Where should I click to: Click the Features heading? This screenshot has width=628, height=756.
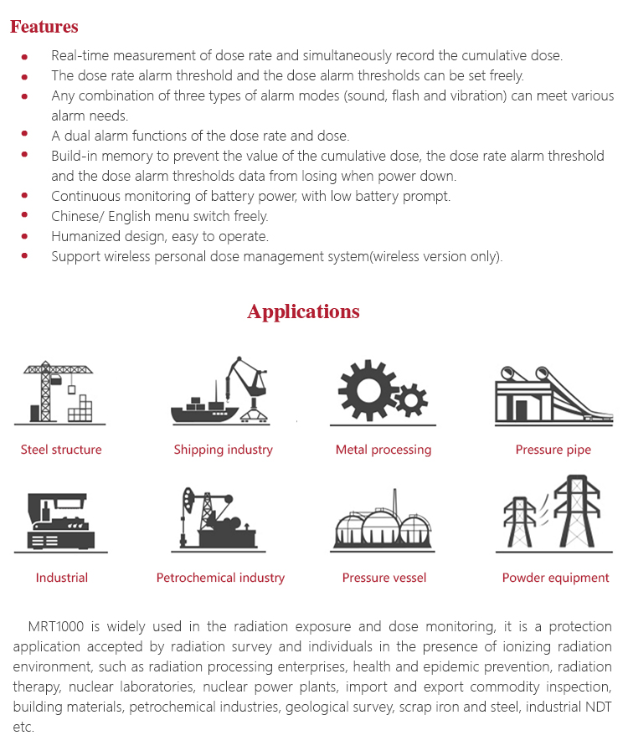[x=44, y=27]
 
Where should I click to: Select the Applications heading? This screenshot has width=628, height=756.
[x=303, y=311]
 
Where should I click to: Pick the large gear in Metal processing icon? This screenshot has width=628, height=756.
[x=367, y=389]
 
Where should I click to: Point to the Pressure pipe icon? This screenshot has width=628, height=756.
[x=552, y=393]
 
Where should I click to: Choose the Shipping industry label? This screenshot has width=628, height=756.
[x=223, y=450]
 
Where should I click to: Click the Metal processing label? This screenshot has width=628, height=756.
[x=383, y=450]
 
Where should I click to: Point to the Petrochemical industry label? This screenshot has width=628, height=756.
[x=220, y=578]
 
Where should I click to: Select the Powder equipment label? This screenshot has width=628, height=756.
[x=555, y=578]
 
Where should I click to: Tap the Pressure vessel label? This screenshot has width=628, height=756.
[x=384, y=578]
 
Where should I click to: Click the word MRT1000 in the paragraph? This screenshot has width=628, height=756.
[x=56, y=626]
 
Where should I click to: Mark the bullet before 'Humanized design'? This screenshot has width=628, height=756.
[x=25, y=236]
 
